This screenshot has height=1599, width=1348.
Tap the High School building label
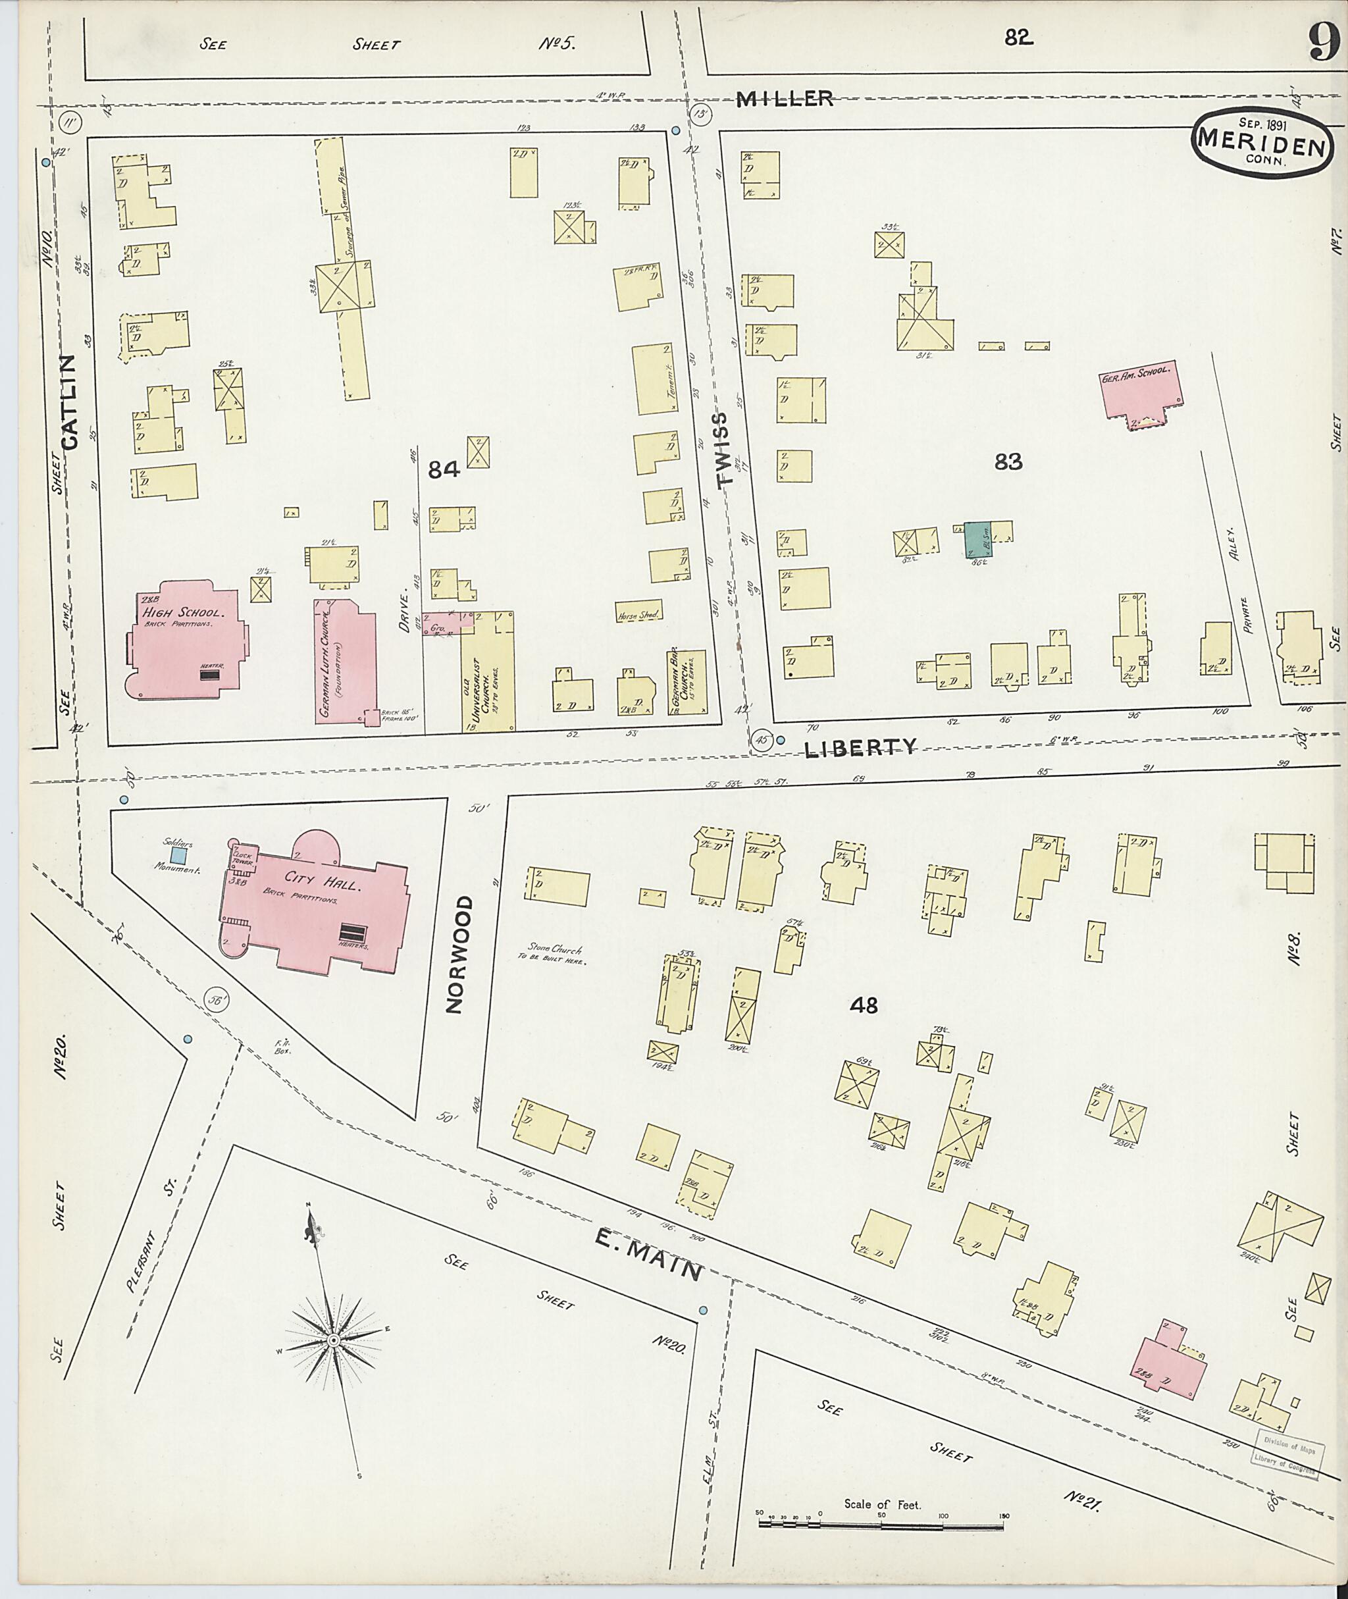click(x=181, y=613)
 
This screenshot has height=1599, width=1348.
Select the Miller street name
click(x=784, y=99)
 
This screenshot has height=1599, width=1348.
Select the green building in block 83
click(x=976, y=540)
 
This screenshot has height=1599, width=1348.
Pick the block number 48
click(x=864, y=1005)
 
